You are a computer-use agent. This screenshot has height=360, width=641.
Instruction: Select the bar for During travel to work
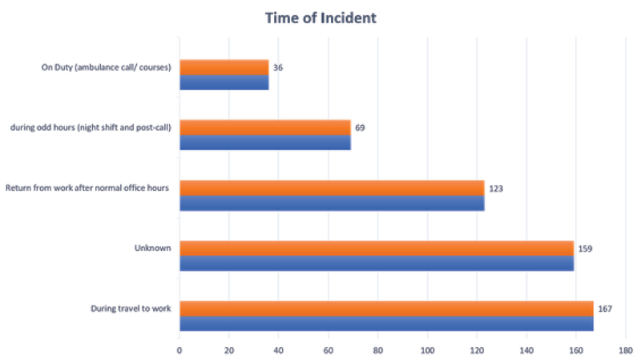click(386, 316)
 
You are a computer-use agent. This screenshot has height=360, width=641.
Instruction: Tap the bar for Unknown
click(377, 256)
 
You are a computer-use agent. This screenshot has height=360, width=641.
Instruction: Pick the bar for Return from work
click(332, 196)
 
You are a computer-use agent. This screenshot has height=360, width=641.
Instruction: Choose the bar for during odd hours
click(265, 135)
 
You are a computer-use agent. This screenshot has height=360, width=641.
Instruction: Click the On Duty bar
click(224, 75)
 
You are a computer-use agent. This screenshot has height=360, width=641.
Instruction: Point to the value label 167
click(606, 309)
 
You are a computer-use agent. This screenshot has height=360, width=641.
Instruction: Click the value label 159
click(586, 249)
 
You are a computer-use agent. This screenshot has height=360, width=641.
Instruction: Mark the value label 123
click(496, 188)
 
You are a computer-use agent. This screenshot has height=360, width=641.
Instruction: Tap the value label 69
click(361, 127)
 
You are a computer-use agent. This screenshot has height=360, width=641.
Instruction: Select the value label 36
click(278, 67)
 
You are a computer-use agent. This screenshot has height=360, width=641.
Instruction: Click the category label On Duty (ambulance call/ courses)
click(107, 67)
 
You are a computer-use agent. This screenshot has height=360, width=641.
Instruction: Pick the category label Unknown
click(153, 249)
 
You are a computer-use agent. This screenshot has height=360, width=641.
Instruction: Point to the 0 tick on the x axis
click(179, 350)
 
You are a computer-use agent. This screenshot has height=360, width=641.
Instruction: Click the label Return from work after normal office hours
click(89, 188)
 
